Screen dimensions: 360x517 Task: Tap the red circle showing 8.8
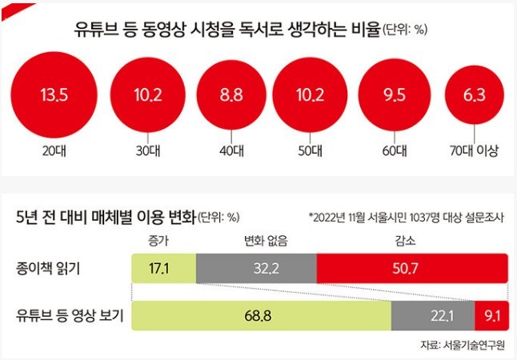(x=230, y=96)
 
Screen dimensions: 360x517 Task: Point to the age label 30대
(x=146, y=150)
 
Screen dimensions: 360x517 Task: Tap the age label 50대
(x=309, y=150)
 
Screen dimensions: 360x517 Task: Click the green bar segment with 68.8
(x=262, y=315)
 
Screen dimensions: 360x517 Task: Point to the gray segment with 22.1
(x=432, y=315)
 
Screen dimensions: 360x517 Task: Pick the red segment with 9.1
(x=491, y=315)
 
